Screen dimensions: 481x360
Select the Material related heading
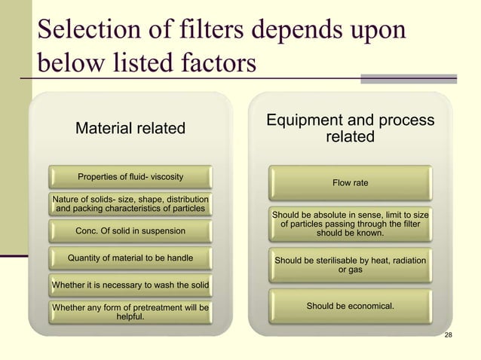pyautogui.click(x=130, y=129)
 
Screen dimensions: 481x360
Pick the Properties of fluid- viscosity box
pyautogui.click(x=130, y=177)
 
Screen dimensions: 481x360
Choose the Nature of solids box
pyautogui.click(x=130, y=203)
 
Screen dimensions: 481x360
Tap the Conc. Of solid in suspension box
pyautogui.click(x=130, y=230)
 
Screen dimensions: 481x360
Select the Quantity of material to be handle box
pyautogui.click(x=130, y=258)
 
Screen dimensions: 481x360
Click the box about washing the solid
pyautogui.click(x=130, y=285)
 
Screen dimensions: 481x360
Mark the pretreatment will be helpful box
pyautogui.click(x=130, y=312)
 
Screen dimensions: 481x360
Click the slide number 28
pyautogui.click(x=449, y=334)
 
